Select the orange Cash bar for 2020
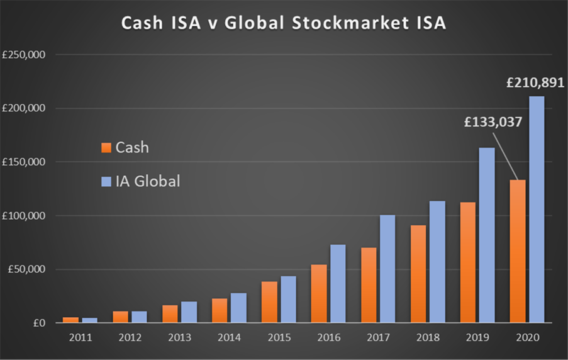tap(518, 252)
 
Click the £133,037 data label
tap(493, 121)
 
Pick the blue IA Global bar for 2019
tap(487, 235)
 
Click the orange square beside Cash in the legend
tap(106, 148)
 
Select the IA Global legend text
tap(148, 181)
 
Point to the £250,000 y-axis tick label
tap(24, 55)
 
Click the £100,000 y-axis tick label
tap(24, 216)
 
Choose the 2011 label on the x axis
tap(81, 337)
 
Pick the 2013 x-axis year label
tap(180, 337)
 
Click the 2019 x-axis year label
tap(477, 337)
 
